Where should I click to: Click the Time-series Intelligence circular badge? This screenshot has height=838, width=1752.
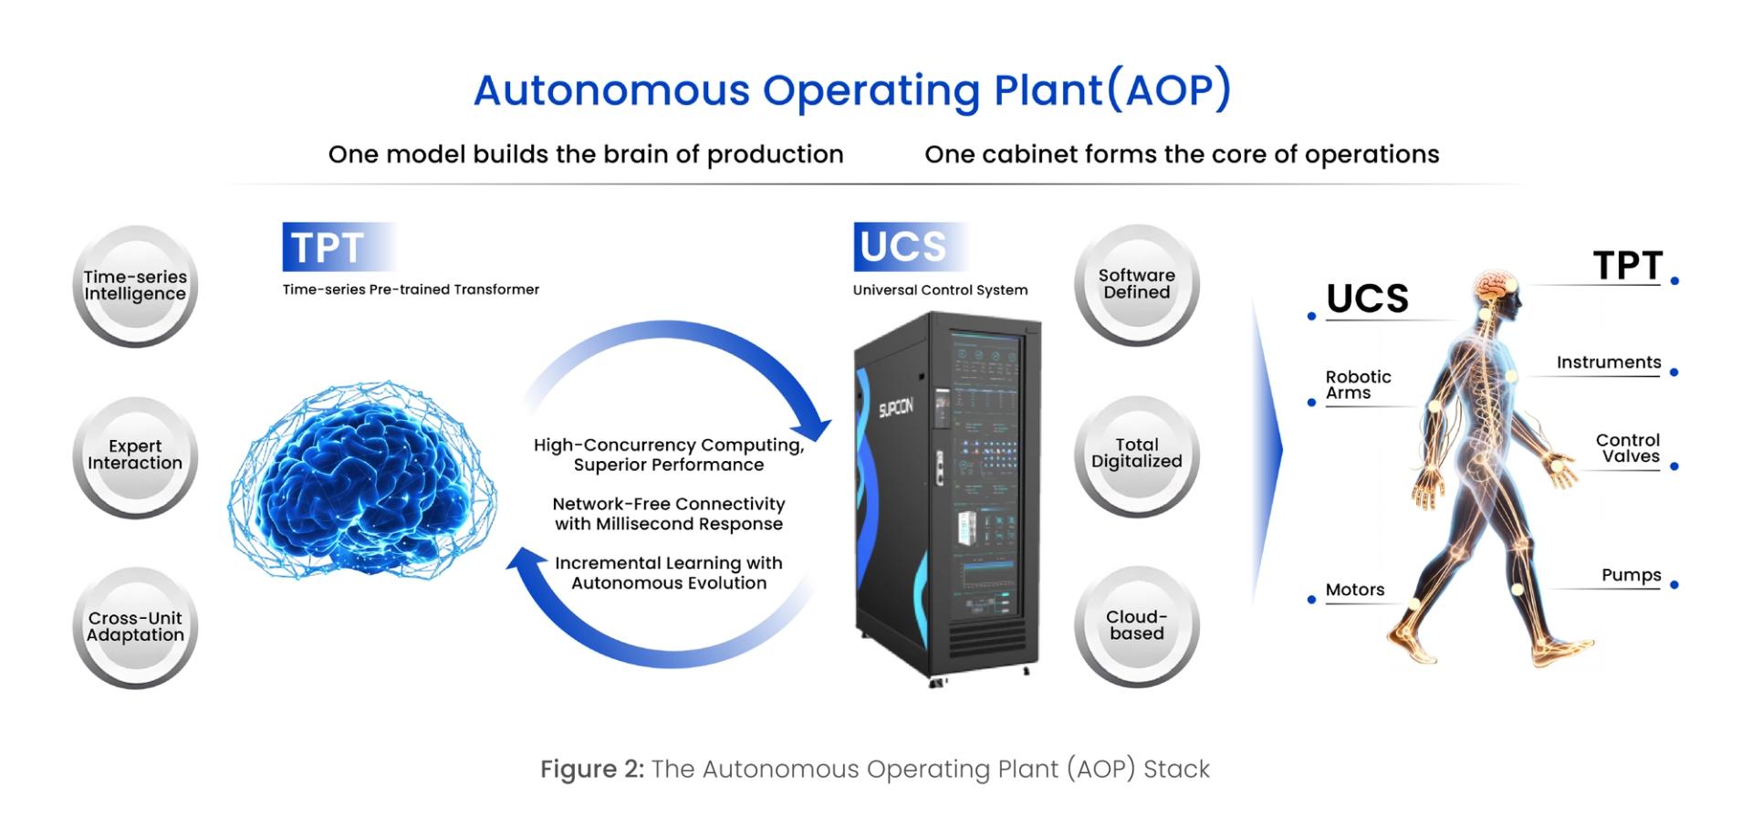[135, 286]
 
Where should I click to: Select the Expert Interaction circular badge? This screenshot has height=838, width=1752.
[135, 456]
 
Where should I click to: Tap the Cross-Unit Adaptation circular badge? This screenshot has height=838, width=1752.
[135, 627]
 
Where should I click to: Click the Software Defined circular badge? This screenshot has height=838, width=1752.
[1136, 285]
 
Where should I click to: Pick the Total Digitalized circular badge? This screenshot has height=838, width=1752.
[1136, 454]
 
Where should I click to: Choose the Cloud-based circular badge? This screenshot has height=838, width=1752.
[1136, 625]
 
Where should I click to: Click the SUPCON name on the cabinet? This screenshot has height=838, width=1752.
[895, 408]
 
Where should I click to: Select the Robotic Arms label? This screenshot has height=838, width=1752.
[1358, 385]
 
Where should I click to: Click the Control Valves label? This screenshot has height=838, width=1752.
[1628, 449]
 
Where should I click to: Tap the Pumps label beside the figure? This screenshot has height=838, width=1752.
[1631, 576]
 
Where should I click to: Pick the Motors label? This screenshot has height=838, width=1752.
[1354, 591]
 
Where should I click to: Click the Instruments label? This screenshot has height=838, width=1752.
[1608, 363]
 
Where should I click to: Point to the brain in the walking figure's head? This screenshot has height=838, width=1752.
[1494, 286]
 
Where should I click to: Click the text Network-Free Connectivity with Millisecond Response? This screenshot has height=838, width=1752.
[669, 514]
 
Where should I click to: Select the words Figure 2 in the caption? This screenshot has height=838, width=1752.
[591, 770]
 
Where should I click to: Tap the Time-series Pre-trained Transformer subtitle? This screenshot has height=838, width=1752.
[411, 290]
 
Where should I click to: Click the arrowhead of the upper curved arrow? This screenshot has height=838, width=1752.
[814, 428]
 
